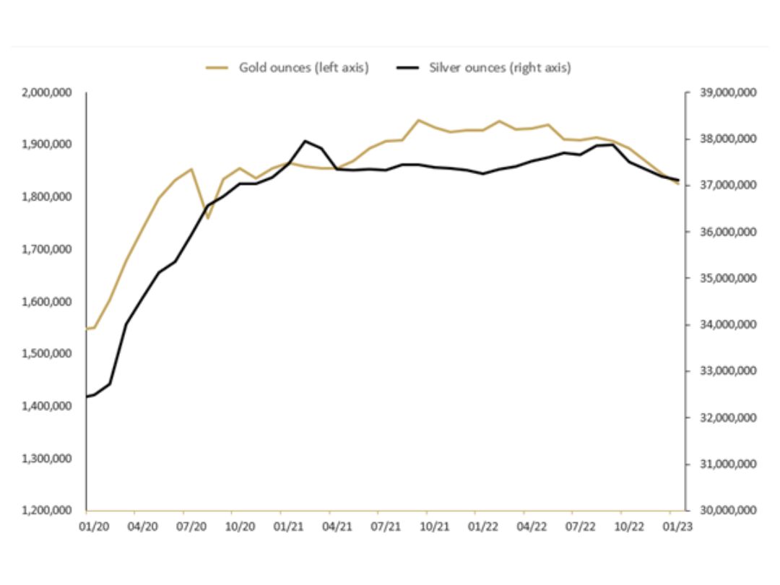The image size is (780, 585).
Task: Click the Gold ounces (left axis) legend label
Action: pos(304,68)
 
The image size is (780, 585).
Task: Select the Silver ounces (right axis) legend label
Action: pos(500,68)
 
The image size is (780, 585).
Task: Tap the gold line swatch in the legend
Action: pos(217,68)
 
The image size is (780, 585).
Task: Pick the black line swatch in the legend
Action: pos(409,68)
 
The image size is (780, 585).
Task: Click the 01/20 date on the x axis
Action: pos(94,526)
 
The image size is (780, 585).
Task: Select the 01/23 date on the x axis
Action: pos(677,526)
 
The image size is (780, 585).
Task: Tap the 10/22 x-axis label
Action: pos(629,526)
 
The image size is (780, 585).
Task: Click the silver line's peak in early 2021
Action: pos(305,141)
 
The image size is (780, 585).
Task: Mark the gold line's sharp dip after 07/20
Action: pos(208,217)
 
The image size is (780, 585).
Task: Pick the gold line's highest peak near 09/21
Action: pos(418,120)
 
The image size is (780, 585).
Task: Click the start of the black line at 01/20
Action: pos(87,396)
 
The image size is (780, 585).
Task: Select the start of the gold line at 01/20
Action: pos(87,329)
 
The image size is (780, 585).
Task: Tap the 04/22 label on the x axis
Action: pos(532,526)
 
